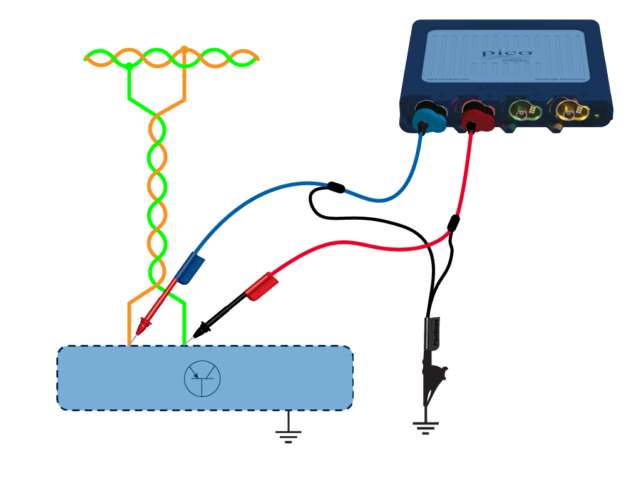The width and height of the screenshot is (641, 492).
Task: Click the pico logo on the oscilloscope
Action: click(x=507, y=54)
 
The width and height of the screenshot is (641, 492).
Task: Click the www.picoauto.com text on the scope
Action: click(x=447, y=79)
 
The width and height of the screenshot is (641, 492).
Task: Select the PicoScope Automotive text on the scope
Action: click(x=560, y=79)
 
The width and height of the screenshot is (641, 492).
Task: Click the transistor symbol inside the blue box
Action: click(x=202, y=378)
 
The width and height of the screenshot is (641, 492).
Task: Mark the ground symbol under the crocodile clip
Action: click(x=426, y=426)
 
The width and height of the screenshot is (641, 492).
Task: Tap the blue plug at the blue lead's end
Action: click(x=190, y=269)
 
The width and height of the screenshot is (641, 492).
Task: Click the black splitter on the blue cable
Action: click(x=336, y=187)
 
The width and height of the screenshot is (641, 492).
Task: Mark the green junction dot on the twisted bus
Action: click(x=128, y=65)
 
